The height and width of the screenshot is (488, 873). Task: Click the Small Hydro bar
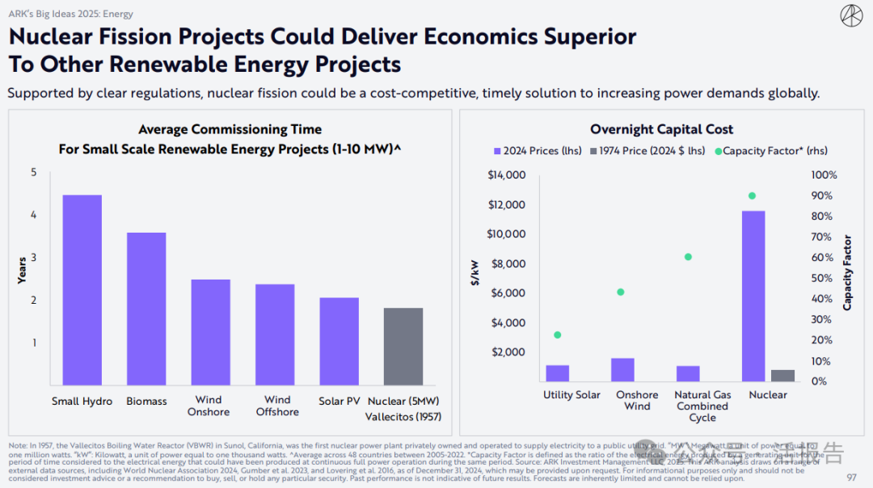point(82,290)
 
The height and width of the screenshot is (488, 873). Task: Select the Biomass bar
point(146,309)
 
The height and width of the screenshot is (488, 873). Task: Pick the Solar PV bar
point(339,341)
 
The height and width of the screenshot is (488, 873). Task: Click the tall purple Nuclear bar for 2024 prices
point(753,296)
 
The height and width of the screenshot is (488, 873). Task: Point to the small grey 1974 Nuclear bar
point(782,376)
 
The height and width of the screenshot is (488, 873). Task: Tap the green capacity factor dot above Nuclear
point(752,196)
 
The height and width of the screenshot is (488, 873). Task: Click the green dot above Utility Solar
point(557,334)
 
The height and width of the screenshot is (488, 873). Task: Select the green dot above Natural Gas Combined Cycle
point(688,257)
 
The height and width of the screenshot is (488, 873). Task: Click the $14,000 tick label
point(508,175)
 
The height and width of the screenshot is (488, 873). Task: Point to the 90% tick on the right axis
point(824,196)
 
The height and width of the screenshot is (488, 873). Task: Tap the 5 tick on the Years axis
point(34,172)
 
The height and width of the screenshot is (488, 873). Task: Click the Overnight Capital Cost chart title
point(661,129)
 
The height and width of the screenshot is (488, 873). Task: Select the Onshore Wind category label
point(637,401)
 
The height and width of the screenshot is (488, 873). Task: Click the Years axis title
point(23,270)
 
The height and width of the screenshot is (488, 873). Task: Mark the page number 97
point(851,477)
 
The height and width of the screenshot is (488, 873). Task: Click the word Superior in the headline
point(574,37)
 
